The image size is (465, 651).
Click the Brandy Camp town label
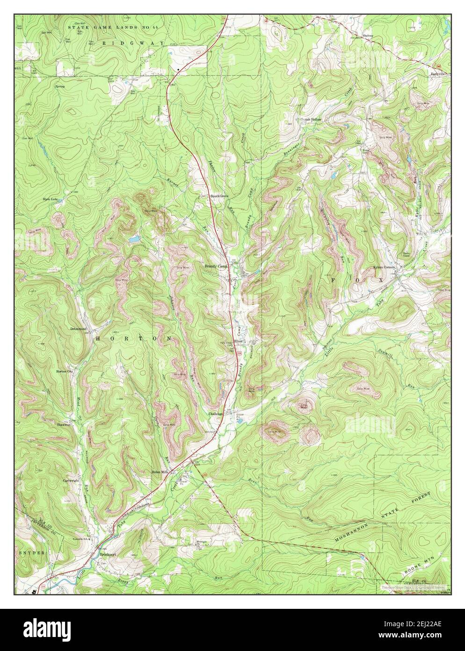tap(216, 266)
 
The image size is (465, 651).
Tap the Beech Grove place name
tap(219, 196)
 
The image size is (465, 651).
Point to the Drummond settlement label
tap(79, 329)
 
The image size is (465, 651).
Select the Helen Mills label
tap(159, 472)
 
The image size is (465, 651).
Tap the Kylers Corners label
tap(385, 267)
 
